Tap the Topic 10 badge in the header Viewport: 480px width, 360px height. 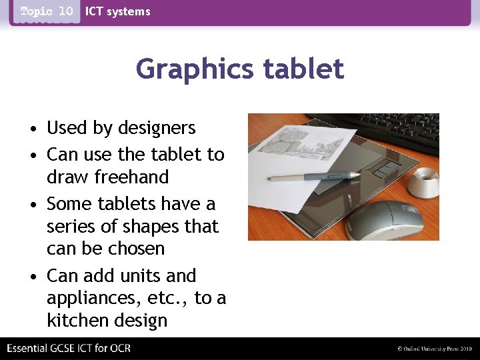click(47, 12)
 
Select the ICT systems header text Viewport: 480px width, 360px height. click(117, 11)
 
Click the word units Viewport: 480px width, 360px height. click(141, 276)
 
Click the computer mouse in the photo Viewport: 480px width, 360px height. click(385, 220)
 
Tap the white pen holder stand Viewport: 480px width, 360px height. click(423, 182)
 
